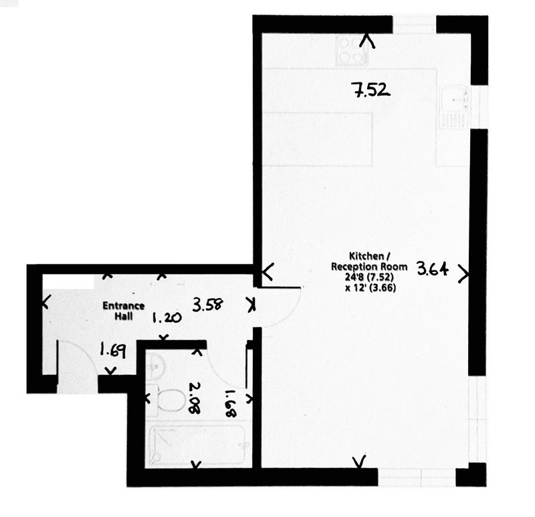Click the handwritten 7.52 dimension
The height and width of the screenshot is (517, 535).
(371, 91)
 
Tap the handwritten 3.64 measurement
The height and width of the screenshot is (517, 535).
(433, 269)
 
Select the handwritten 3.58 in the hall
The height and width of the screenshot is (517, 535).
(208, 305)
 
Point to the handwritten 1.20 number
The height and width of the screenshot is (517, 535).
(167, 318)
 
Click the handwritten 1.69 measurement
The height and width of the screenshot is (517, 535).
(112, 350)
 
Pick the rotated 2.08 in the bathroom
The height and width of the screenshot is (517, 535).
(195, 398)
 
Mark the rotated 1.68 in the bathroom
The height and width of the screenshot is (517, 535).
(231, 404)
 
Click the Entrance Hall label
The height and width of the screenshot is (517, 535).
(124, 311)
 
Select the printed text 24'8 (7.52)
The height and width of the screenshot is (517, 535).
(369, 277)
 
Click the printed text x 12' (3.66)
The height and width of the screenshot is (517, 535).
(370, 288)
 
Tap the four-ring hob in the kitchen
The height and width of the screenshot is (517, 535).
(352, 51)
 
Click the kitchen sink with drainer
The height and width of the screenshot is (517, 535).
(455, 108)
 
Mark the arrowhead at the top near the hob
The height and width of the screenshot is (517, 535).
(367, 41)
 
